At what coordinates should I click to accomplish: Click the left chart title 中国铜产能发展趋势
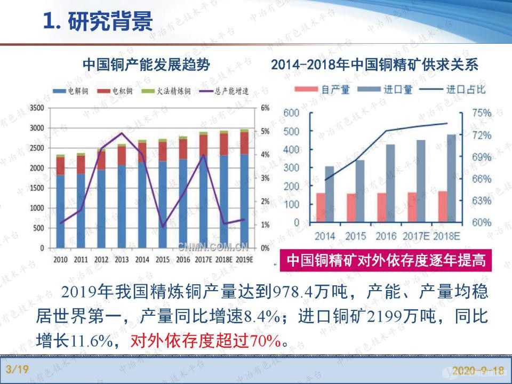(x=146, y=65)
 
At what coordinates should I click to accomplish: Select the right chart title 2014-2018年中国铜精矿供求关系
(x=374, y=65)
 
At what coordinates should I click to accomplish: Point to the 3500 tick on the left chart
(x=36, y=108)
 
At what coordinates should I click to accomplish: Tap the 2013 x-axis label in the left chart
(x=121, y=260)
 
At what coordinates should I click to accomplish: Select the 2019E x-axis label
(x=244, y=260)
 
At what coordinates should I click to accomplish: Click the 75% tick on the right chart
(x=481, y=113)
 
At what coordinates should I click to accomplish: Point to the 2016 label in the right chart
(x=386, y=235)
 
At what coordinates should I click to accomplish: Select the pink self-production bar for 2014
(x=320, y=207)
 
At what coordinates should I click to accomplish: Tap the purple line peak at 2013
(x=122, y=133)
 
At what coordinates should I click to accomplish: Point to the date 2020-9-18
(x=478, y=370)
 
